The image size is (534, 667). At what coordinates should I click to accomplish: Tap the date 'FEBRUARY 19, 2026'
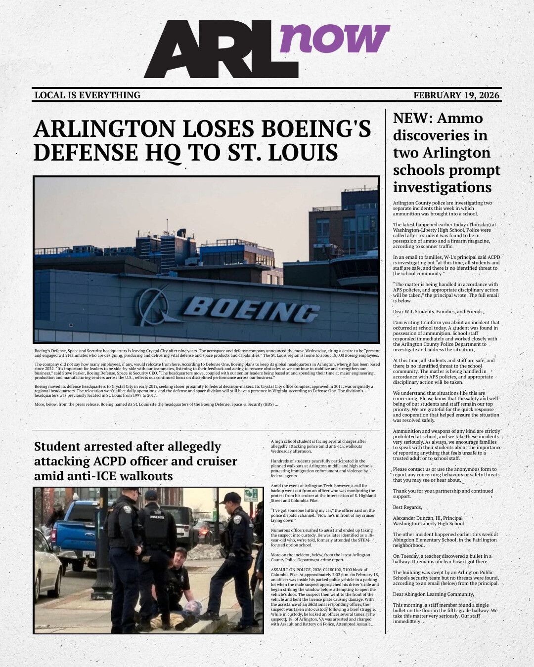[x=456, y=95]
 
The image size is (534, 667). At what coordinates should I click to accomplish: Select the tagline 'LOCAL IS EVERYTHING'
[x=88, y=95]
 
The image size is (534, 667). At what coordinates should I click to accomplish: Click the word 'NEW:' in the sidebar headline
[x=413, y=119]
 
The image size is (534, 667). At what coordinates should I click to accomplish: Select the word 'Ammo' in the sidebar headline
[x=460, y=119]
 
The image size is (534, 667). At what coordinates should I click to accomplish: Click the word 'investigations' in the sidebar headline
[x=442, y=188]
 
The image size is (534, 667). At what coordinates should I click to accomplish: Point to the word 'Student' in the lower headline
[x=57, y=447]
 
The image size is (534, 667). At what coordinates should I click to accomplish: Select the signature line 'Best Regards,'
[x=407, y=507]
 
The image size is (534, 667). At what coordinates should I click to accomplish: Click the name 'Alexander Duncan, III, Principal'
[x=428, y=518]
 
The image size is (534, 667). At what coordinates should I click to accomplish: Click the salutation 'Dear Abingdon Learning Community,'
[x=433, y=594]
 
